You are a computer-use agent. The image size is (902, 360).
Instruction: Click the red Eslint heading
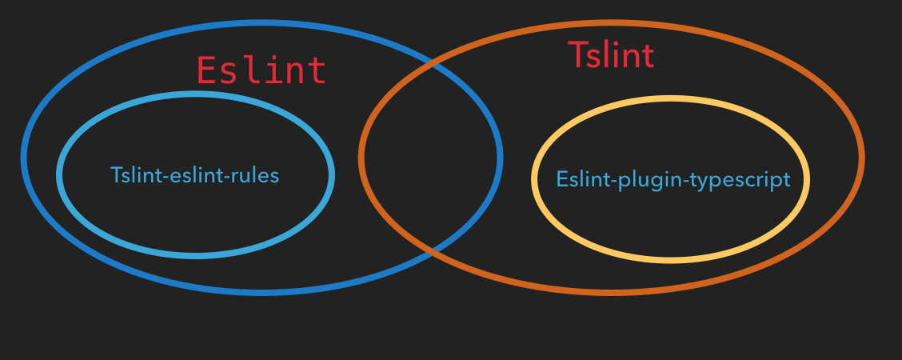click(261, 70)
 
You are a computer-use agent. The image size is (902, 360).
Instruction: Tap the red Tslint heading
click(611, 55)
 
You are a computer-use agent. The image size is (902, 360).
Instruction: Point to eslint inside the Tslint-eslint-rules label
click(193, 175)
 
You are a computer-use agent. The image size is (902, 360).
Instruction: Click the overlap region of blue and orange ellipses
click(430, 157)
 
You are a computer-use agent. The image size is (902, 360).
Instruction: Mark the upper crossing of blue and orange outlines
click(433, 63)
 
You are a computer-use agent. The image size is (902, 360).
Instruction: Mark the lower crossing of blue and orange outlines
click(433, 250)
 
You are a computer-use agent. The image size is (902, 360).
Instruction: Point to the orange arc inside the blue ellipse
click(362, 157)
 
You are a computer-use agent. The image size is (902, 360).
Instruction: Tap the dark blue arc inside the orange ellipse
click(500, 157)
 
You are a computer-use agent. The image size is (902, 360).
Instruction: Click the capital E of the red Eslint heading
click(207, 70)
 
